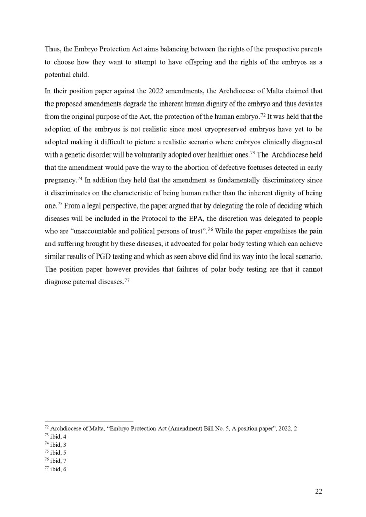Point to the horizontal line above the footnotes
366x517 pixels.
[x=89, y=420]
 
